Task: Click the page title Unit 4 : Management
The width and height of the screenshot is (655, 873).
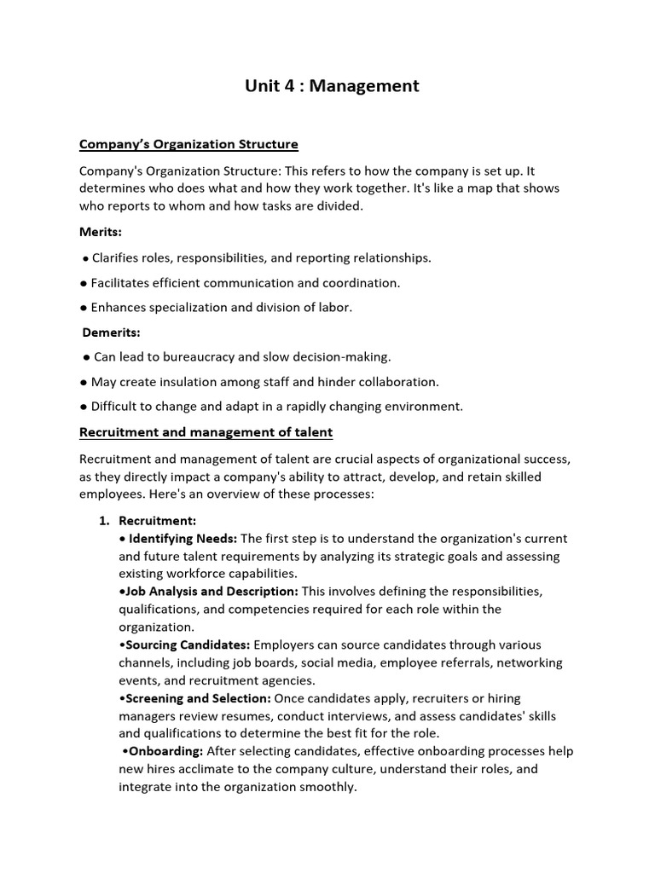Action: tap(332, 86)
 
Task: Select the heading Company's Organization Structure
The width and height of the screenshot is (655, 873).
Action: tap(188, 144)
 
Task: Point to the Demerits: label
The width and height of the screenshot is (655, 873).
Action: tap(111, 332)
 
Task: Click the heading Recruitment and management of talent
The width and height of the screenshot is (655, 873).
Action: tap(206, 432)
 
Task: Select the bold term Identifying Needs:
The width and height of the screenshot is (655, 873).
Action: tap(183, 539)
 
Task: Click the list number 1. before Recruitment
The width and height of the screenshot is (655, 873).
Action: tap(106, 520)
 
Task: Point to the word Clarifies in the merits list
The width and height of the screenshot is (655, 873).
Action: tap(117, 257)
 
